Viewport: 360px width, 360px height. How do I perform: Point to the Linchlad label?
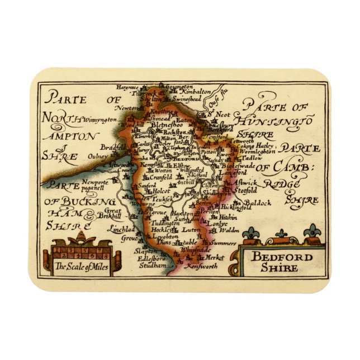tap(108, 229)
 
